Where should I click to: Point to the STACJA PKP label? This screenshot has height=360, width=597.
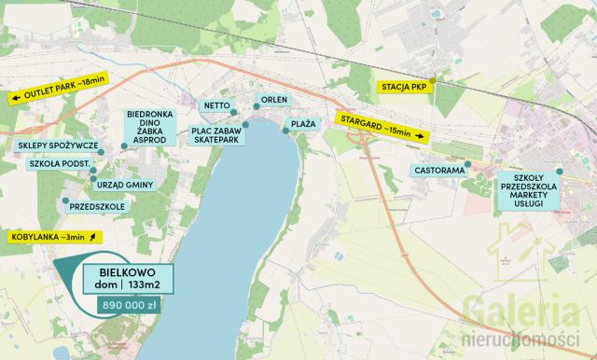404,88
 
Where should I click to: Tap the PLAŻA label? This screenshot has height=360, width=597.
303,123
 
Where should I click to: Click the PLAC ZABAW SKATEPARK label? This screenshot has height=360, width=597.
217,136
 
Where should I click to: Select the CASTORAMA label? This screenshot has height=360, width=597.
439,172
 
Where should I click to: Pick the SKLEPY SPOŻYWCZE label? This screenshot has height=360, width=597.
58,146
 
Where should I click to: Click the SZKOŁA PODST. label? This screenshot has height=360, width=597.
61,163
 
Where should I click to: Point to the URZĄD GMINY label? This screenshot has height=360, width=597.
124,185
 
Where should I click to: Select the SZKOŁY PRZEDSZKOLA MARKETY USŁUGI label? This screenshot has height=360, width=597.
528,195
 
